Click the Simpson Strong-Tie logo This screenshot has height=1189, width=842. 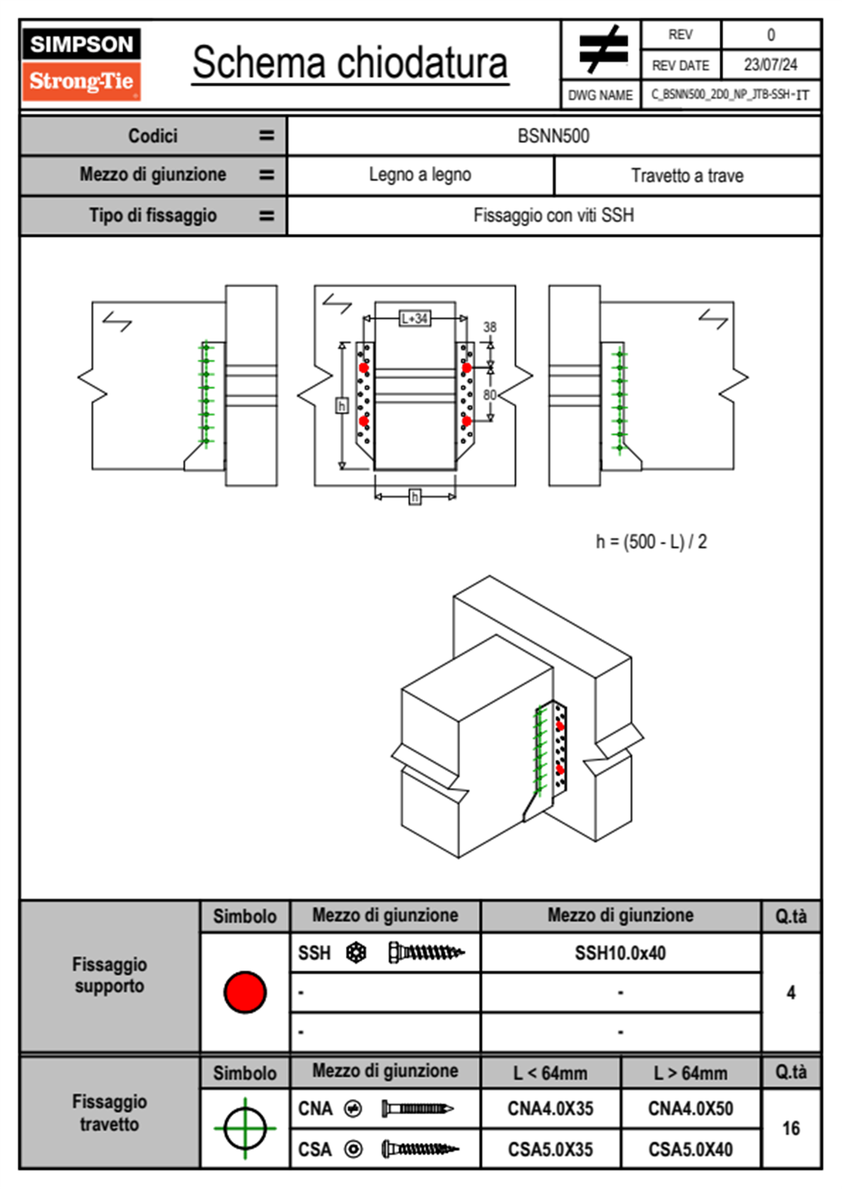(81, 64)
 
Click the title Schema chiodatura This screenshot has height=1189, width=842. (350, 63)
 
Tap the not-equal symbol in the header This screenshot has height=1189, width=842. (602, 49)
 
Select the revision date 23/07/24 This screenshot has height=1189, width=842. (771, 65)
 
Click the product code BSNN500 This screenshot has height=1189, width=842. (553, 136)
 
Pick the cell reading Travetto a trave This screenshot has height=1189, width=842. (687, 175)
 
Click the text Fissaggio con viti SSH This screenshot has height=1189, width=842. (553, 215)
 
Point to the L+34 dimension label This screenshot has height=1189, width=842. (415, 319)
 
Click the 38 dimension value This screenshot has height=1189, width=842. (490, 327)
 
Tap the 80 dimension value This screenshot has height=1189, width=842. (490, 394)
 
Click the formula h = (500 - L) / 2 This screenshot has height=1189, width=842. (651, 542)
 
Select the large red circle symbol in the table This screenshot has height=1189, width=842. (245, 992)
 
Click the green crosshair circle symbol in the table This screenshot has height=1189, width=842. (245, 1128)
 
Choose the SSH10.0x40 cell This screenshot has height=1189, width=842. (621, 953)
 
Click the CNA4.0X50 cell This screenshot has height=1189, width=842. (691, 1108)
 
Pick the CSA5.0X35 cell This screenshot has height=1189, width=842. (550, 1149)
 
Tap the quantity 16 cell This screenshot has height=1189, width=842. (791, 1128)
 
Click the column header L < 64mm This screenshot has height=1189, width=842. (550, 1073)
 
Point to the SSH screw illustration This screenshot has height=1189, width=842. (426, 953)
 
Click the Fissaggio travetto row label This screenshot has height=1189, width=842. (110, 1113)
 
